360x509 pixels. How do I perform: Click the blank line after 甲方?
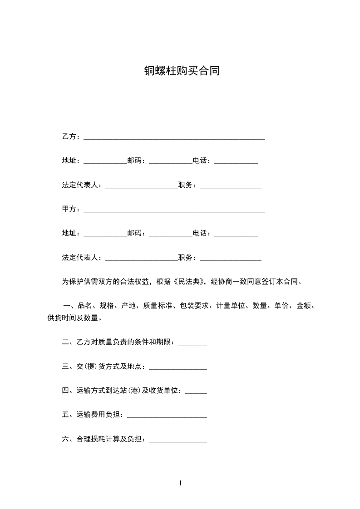coord(174,210)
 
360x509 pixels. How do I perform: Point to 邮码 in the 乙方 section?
coord(134,161)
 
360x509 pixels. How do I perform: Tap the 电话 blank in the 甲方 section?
coord(236,235)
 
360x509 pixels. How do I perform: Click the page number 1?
coord(180,483)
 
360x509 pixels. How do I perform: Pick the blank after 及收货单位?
coord(196,392)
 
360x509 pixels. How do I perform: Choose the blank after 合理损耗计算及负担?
coord(178,440)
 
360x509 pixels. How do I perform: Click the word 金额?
coord(304,306)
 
